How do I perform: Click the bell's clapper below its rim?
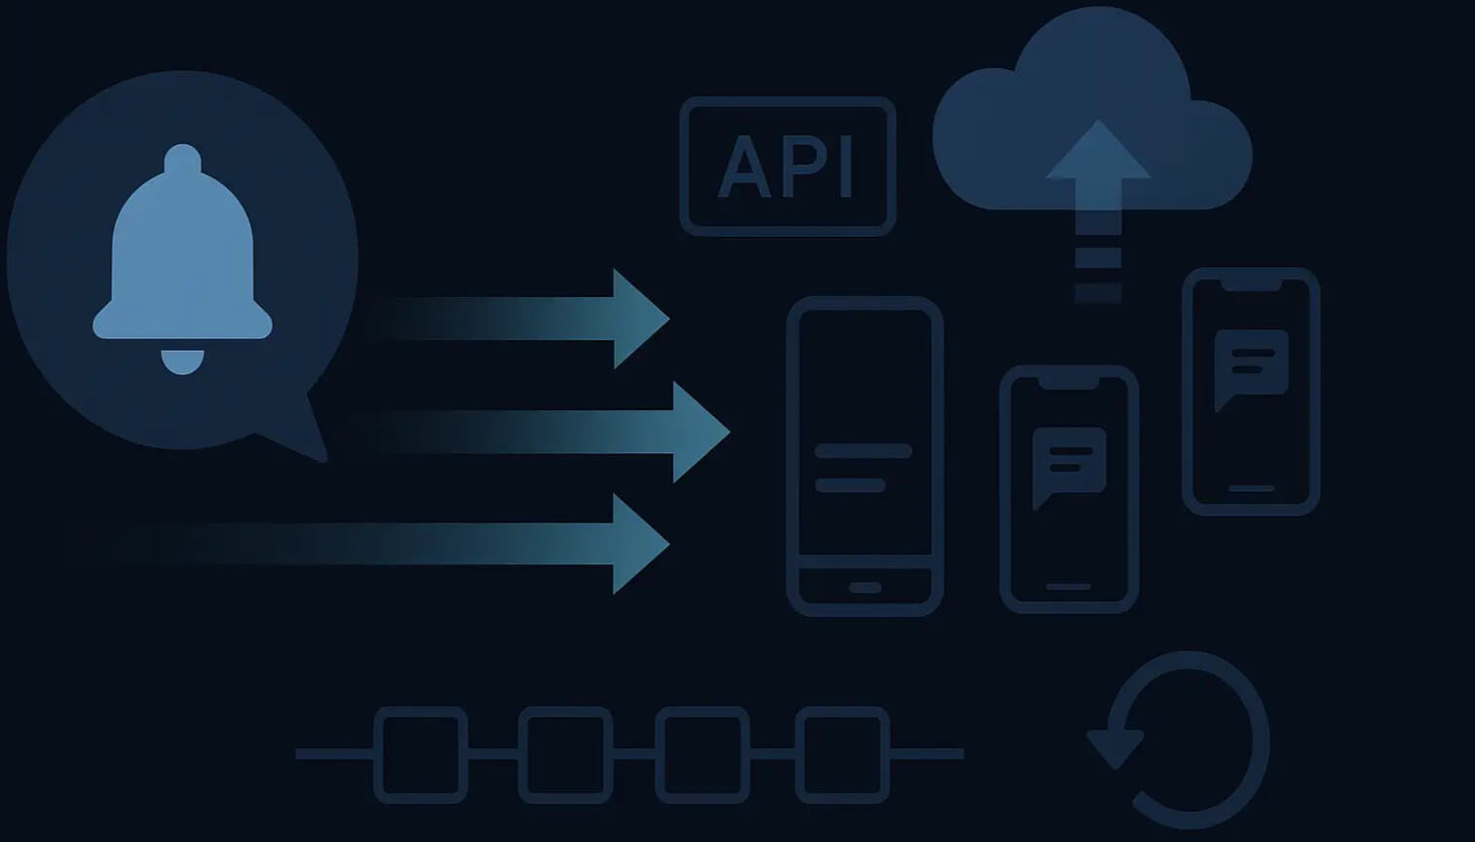182,362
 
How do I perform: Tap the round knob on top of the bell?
182,159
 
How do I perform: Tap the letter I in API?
845,167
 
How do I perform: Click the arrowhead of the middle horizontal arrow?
699,432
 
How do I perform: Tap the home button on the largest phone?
864,588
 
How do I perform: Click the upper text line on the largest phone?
863,451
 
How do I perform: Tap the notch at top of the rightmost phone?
1251,284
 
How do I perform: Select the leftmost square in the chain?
421,754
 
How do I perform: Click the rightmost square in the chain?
842,754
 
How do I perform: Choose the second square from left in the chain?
565,754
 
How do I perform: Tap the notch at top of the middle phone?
1069,382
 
